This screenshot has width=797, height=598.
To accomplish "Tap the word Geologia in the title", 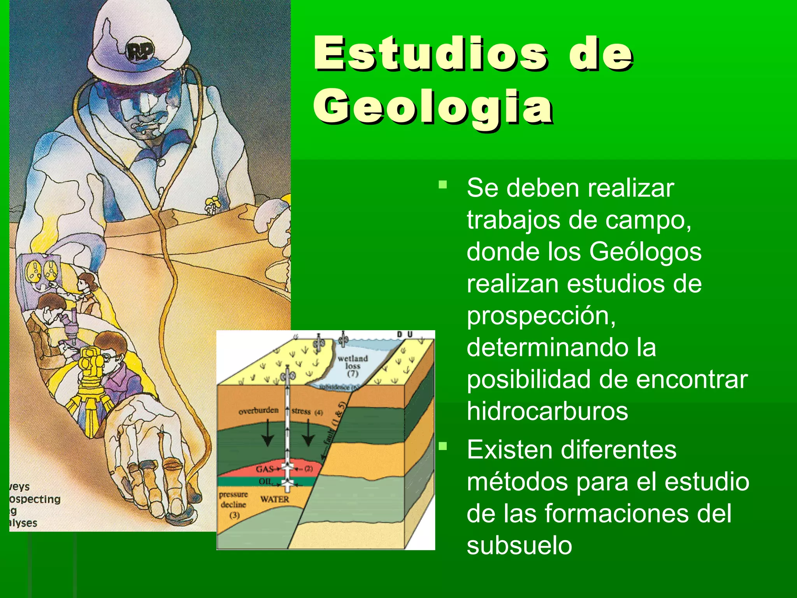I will pos(434,107).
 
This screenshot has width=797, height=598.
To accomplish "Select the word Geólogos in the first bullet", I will pos(645,252).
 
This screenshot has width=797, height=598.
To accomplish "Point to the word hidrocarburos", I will pos(548,411).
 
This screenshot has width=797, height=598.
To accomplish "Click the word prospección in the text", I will pos(541,316).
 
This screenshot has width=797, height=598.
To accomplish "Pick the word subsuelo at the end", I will pos(519,546).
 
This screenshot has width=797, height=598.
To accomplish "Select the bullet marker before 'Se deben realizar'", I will pos(442,184).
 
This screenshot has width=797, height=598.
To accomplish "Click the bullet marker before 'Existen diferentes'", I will pos(442,446).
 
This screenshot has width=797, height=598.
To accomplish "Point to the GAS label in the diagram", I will pos(265,469).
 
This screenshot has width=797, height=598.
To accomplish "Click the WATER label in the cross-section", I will pos(275,499).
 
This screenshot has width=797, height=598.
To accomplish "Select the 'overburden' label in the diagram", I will pos(258,411).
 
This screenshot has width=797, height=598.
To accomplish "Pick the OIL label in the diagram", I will pos(265,482).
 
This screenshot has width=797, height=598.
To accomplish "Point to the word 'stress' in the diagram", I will pos(301,411).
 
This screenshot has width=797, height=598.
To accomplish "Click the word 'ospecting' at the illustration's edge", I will pos(35,499).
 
